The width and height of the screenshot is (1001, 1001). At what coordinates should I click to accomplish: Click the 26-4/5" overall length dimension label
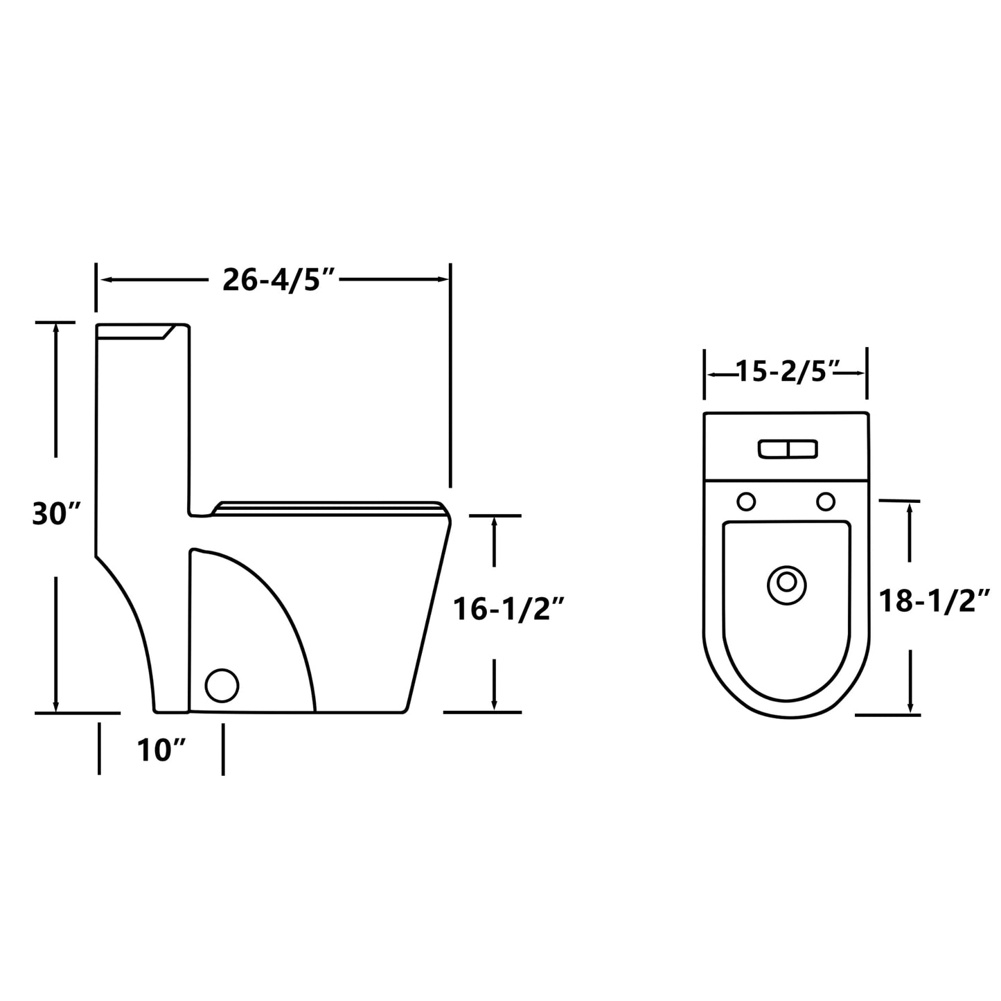point(278,280)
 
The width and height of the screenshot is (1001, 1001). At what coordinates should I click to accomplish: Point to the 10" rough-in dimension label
point(162,750)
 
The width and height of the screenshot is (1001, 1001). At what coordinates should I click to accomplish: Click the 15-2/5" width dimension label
point(787,373)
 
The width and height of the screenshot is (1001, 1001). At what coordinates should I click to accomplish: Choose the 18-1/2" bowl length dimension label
point(934,600)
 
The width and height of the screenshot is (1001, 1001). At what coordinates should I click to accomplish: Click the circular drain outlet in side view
point(222,685)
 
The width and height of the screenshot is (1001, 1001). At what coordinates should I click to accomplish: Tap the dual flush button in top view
point(788,449)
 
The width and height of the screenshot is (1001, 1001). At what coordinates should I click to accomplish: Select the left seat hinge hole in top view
point(746,501)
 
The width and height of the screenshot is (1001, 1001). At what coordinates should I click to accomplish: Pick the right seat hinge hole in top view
point(826,501)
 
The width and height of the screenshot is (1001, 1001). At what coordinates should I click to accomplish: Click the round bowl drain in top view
point(787,583)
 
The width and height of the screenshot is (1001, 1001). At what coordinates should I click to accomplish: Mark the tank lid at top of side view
point(139,331)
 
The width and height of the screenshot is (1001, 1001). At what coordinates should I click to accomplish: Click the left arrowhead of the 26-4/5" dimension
point(106,280)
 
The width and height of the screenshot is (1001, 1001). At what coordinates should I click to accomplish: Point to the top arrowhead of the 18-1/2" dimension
point(910,508)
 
